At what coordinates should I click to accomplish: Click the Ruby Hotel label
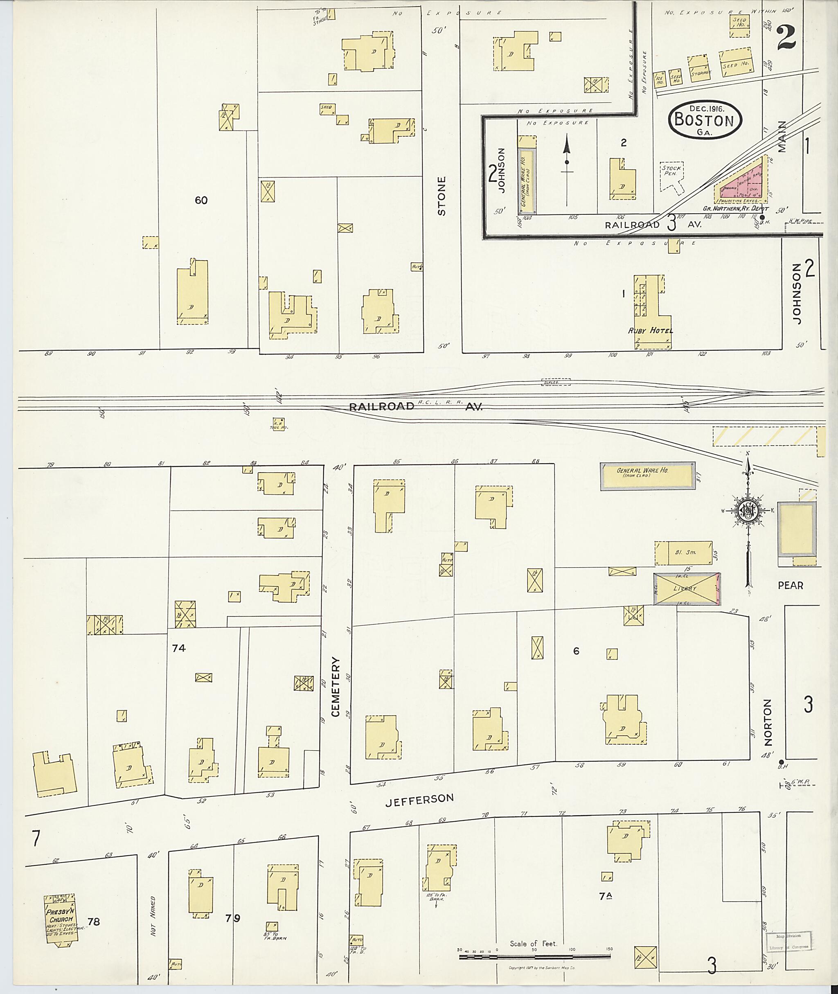point(650,331)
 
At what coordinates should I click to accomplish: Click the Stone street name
point(442,196)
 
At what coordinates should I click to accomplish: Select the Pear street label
point(791,585)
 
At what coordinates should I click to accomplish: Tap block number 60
point(201,200)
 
